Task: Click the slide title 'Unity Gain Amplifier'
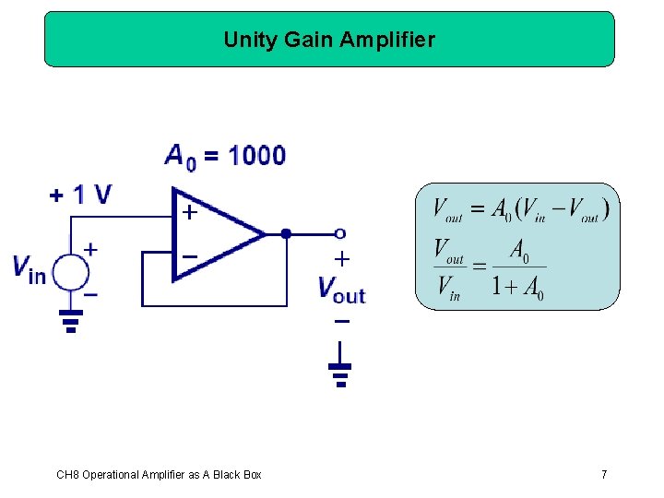[x=329, y=40]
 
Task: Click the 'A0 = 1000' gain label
[x=225, y=155]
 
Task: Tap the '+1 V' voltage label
[x=80, y=195]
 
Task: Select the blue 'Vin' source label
[x=30, y=268]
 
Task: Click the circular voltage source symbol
[x=71, y=273]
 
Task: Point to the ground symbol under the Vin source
[x=71, y=319]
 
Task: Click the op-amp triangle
[x=214, y=233]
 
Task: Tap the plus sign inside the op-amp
[x=188, y=213]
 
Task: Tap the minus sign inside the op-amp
[x=188, y=255]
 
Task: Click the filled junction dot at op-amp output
[x=286, y=233]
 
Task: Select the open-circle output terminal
[x=340, y=233]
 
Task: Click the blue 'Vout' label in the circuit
[x=341, y=289]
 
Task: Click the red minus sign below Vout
[x=341, y=322]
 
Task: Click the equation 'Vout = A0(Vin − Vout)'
[x=521, y=210]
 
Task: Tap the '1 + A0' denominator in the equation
[x=517, y=288]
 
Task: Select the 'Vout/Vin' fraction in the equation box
[x=451, y=269]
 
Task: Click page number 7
[x=604, y=475]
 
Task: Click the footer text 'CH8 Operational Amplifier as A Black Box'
[x=159, y=475]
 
